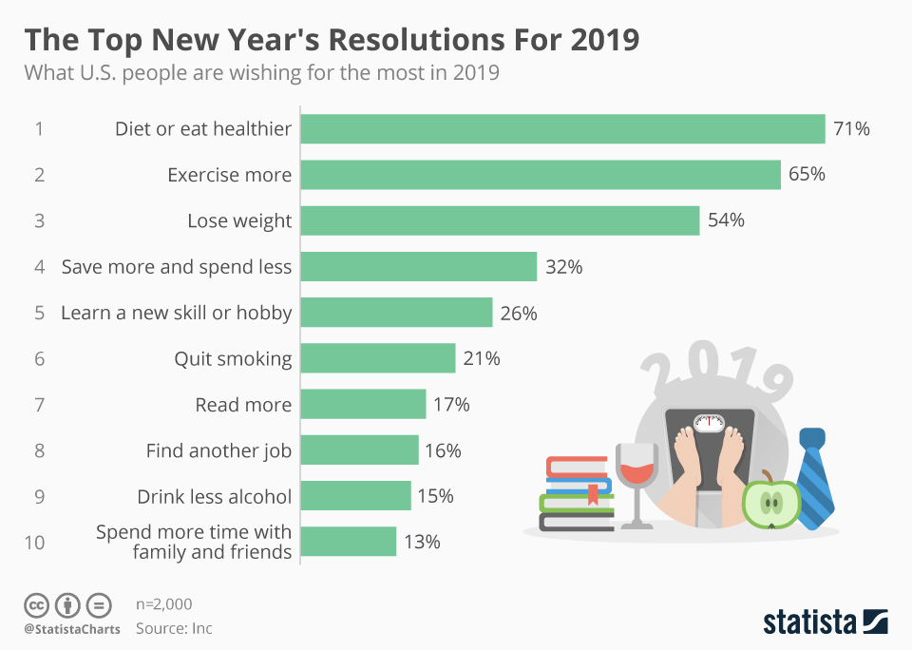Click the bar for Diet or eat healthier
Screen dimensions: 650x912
tap(562, 129)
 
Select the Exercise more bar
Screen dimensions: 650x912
tap(541, 175)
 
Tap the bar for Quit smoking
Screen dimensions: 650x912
tap(378, 358)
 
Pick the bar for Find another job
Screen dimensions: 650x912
tap(359, 450)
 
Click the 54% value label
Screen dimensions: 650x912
tap(726, 220)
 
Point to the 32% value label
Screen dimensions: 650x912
tap(563, 267)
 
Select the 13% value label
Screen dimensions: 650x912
tap(422, 542)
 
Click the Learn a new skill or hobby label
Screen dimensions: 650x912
tap(176, 313)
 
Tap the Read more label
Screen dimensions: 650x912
tap(243, 405)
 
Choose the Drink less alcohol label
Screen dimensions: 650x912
tap(214, 496)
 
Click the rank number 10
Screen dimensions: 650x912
tap(35, 543)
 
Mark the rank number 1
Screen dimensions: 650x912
tap(39, 129)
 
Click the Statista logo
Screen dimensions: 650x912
tap(825, 622)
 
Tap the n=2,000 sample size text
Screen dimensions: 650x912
tap(163, 604)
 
